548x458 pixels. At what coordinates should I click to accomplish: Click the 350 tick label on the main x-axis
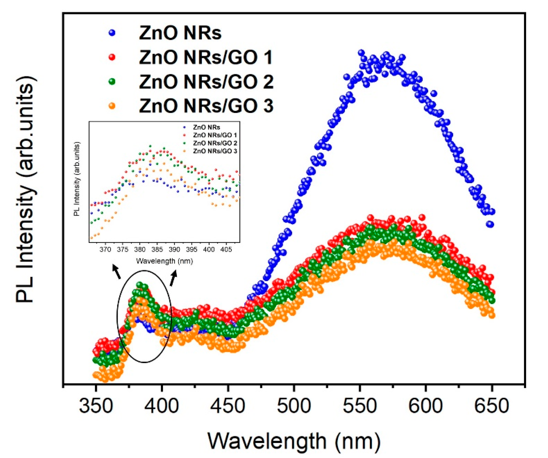click(96, 406)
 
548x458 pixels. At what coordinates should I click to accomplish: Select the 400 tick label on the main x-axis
click(162, 406)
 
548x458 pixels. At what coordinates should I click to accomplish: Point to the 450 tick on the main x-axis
click(228, 406)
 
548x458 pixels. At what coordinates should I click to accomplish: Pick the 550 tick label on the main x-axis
click(360, 406)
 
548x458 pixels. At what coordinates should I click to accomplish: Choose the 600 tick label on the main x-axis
click(426, 406)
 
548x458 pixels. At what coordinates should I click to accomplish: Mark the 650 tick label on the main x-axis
click(492, 406)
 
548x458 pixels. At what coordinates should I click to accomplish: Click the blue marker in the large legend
click(112, 33)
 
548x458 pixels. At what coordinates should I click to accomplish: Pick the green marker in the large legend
click(112, 81)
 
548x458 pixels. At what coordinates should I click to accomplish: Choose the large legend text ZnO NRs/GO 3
click(206, 106)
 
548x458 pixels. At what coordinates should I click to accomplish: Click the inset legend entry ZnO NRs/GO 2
click(215, 143)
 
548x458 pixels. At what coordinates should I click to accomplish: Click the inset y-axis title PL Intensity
click(77, 179)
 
